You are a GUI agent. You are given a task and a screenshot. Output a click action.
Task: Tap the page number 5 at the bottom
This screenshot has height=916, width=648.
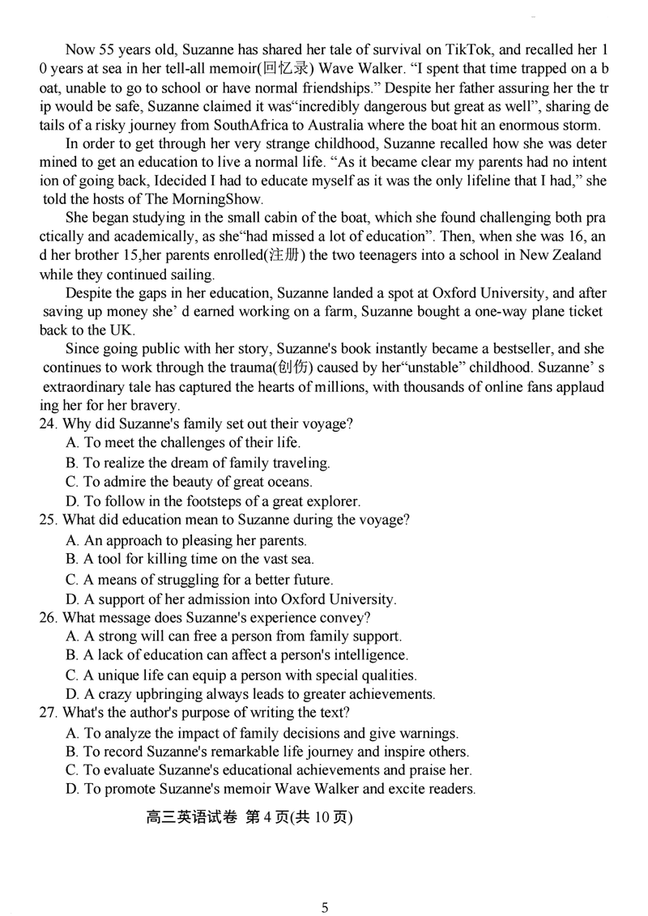(x=325, y=908)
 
